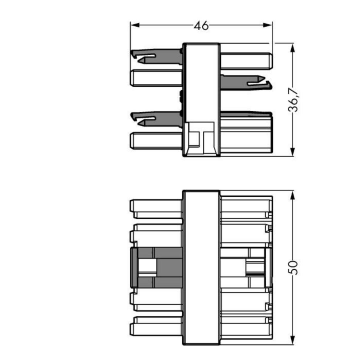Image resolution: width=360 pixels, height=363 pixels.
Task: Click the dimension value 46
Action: point(201,25)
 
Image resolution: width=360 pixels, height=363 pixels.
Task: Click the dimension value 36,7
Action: point(293,100)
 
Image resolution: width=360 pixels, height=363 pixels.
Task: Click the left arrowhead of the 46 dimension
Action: point(135,25)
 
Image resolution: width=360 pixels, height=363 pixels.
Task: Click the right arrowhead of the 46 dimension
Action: point(267,25)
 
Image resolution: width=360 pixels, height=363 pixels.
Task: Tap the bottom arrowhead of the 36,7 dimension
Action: point(292,152)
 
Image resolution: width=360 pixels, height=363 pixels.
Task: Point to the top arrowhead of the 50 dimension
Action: point(292,197)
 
